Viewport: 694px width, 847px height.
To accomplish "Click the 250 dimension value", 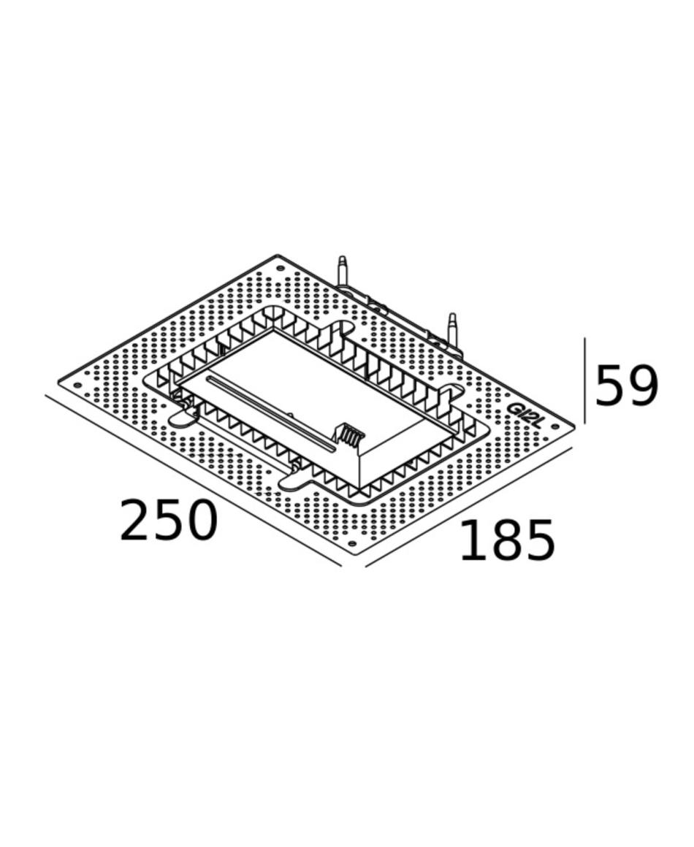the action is (x=168, y=520).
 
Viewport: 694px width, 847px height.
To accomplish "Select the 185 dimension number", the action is (x=507, y=540).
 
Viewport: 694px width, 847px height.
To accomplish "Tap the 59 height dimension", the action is (x=627, y=386).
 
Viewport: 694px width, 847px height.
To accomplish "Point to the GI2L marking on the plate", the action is (x=525, y=416).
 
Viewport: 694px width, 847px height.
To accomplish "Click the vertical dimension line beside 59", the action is (x=584, y=381).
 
